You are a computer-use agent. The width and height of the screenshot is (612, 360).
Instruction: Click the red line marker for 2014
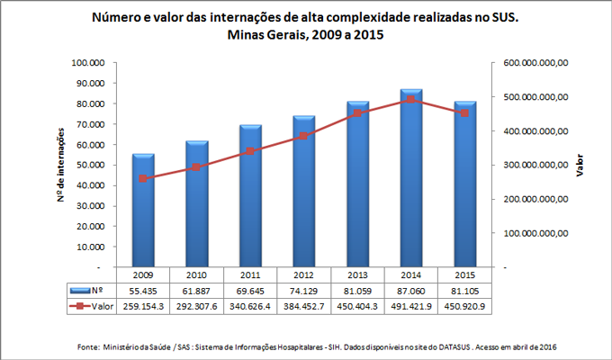[411, 99]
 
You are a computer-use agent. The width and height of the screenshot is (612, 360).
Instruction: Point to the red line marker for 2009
[143, 178]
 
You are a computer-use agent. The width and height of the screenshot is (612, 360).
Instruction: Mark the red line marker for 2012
[304, 136]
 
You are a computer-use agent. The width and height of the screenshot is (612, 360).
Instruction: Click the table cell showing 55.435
[143, 291]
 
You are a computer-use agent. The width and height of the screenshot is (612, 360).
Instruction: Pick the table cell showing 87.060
[411, 291]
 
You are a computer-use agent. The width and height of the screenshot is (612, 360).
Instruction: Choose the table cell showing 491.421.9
[411, 306]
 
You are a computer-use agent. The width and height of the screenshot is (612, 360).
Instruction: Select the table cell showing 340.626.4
[250, 306]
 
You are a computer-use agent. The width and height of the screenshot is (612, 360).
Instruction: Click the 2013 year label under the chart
[357, 274]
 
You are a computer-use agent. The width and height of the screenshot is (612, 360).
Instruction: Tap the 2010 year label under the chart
[197, 274]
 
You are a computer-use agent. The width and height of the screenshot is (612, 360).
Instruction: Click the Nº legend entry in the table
[90, 291]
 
